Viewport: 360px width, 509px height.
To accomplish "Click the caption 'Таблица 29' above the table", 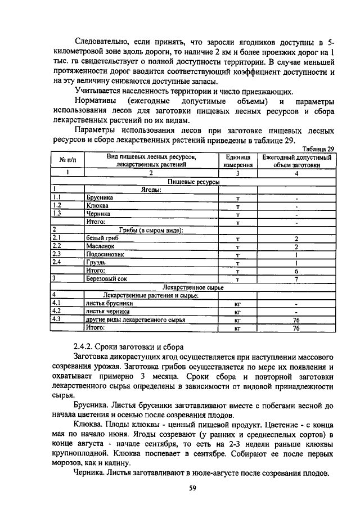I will pos(318,148).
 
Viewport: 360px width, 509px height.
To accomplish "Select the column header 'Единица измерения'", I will pos(238,161).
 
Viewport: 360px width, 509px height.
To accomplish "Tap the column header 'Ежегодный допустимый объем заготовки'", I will pos(297,161).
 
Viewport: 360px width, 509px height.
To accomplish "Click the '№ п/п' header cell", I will pos(67,161).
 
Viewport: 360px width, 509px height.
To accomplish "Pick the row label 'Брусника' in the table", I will pos(100,198).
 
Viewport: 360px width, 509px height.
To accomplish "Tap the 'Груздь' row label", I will pos(97,263).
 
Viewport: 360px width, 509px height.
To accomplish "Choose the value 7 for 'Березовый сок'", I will pos(296,279).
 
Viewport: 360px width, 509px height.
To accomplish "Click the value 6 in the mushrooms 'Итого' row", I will pos(296,271).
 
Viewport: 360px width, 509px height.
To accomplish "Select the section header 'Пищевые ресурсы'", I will pos(193,182).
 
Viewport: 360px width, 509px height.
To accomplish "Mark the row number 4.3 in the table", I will pos(56,319).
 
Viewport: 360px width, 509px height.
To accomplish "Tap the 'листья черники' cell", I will pos(107,311).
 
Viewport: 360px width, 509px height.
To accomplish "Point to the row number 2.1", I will pos(56,238).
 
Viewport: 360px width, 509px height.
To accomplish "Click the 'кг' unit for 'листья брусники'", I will pos(237,303).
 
